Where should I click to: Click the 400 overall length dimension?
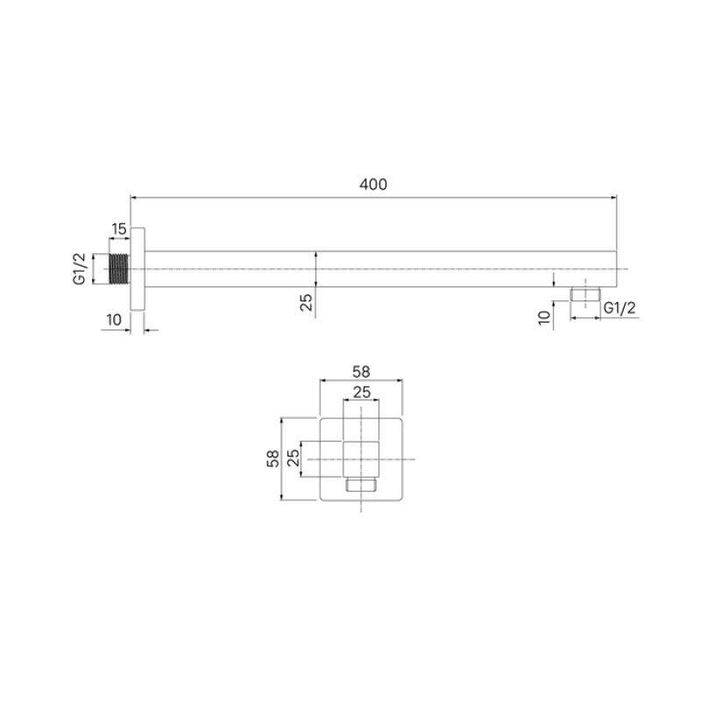click(372, 185)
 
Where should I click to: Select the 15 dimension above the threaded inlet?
click(118, 230)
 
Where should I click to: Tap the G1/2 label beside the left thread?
click(78, 268)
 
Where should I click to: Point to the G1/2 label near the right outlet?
click(620, 308)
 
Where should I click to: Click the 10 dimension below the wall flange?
click(114, 320)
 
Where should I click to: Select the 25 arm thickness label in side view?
click(306, 302)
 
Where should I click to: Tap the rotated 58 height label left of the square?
click(273, 458)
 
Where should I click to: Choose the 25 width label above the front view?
click(362, 392)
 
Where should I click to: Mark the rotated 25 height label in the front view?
click(294, 458)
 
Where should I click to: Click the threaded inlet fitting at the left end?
click(120, 268)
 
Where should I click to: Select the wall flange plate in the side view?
click(138, 268)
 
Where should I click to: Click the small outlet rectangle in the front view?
click(362, 484)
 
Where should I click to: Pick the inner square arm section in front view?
click(362, 458)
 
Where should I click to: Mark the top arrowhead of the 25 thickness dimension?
click(315, 255)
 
